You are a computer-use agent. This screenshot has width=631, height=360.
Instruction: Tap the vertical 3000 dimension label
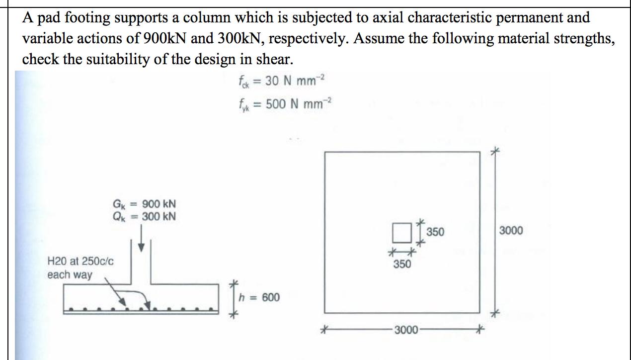[x=511, y=231]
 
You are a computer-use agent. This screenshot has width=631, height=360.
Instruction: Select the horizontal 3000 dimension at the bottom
[x=405, y=329]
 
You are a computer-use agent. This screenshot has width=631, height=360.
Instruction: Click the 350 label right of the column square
[x=435, y=232]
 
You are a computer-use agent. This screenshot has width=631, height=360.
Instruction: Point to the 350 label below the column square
[x=402, y=264]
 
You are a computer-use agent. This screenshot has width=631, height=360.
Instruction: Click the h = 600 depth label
[x=259, y=297]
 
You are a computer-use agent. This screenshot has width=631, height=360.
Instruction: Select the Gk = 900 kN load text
[x=144, y=204]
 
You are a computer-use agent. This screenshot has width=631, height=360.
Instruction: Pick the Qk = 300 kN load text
[x=144, y=216]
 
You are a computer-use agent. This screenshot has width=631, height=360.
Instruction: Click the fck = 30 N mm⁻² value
[x=281, y=81]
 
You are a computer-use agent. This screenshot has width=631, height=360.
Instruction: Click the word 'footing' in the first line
[x=78, y=18]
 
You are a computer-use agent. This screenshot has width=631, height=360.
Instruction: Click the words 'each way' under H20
[x=70, y=274]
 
